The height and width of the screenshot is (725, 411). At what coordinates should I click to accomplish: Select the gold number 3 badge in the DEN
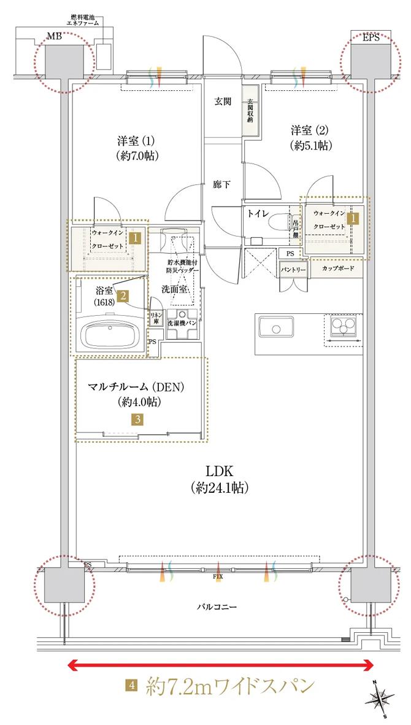pos(140,420)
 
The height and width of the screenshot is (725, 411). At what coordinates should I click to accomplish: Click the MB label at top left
pos(55,38)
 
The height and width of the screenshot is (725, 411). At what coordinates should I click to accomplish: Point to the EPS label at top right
pos(371,38)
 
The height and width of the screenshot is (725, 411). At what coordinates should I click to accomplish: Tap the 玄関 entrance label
pos(222,102)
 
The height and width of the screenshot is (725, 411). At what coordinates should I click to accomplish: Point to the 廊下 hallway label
pos(221,183)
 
